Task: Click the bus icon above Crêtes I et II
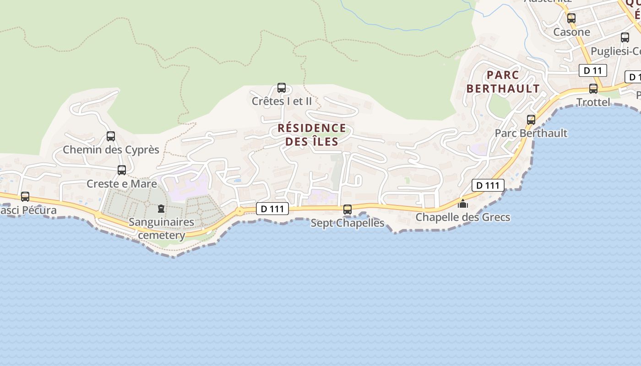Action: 282,88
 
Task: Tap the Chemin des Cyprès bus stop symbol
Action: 111,136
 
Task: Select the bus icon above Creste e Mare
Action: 122,170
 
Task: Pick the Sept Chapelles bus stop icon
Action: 348,210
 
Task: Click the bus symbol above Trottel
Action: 593,89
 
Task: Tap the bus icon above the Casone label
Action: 571,18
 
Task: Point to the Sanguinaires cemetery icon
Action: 161,209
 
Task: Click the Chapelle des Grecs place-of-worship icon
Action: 463,203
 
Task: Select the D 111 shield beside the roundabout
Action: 272,209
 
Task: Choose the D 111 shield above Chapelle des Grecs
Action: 488,185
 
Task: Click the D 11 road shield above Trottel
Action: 593,70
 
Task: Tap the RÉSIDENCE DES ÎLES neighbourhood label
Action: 312,135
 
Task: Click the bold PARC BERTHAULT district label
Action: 503,81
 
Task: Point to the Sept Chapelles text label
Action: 348,223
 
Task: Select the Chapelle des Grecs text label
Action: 463,217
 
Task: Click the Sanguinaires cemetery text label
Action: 161,229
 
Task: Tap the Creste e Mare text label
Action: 122,184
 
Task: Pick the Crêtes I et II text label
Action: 282,101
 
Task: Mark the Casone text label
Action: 571,32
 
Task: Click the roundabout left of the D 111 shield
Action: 239,211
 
